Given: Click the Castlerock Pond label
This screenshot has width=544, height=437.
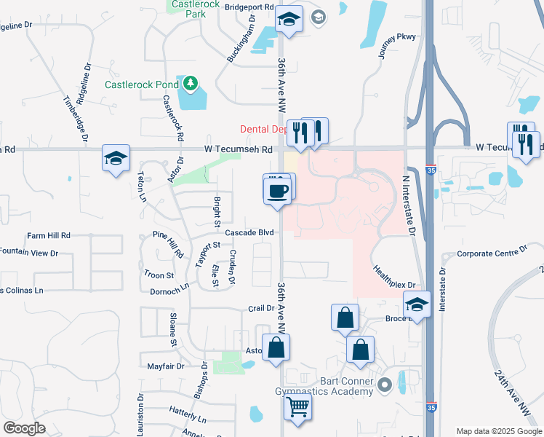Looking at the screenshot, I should (x=141, y=84).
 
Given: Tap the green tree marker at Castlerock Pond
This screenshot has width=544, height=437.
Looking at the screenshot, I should (x=191, y=83).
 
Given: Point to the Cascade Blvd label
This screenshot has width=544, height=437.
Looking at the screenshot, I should (x=249, y=232).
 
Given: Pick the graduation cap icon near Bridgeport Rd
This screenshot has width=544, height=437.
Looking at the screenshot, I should (x=289, y=20).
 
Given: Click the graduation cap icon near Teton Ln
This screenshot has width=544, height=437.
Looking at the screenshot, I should (x=116, y=158).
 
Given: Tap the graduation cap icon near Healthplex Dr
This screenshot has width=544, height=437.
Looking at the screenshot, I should (x=417, y=304).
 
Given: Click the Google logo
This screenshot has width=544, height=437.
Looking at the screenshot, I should (x=24, y=428).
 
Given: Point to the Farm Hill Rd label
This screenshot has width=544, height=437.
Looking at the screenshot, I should (x=48, y=236).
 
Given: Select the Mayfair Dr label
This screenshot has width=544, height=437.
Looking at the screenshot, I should (x=166, y=366).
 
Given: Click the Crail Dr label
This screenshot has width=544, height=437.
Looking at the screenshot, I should (x=260, y=309).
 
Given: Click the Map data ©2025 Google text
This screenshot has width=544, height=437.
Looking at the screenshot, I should (x=498, y=431).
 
